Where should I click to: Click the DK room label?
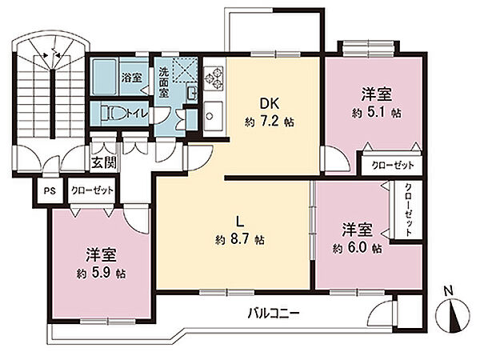[266, 102]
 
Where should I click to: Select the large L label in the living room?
[238, 219]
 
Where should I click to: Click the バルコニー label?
[272, 313]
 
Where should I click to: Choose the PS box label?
[50, 191]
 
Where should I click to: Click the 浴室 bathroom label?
[131, 79]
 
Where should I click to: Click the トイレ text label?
[138, 113]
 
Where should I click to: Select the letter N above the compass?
[450, 292]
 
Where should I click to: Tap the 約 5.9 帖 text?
[102, 273]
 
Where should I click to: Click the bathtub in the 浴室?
[103, 79]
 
